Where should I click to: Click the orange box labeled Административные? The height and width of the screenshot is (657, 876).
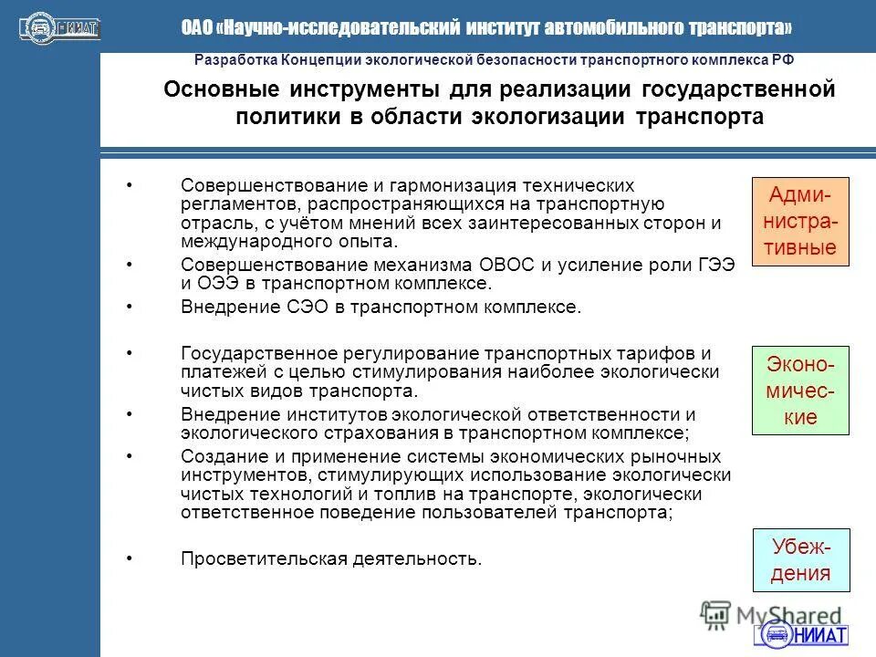[800, 221]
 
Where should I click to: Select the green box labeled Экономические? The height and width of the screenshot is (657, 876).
[800, 391]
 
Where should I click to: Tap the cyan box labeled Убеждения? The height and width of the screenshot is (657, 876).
[800, 559]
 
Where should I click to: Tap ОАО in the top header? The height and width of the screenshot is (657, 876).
[196, 28]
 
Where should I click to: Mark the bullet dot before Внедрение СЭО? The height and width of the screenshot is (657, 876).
[130, 306]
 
